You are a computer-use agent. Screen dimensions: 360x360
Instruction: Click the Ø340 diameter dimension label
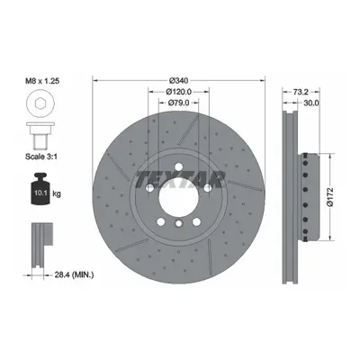coord(178,80)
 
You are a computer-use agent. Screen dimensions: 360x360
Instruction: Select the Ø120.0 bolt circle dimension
coord(178,92)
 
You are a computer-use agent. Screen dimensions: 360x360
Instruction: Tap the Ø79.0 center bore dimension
coord(178,103)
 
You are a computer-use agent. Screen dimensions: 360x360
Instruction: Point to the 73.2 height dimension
coord(301,92)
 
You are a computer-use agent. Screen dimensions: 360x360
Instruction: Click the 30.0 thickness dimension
coord(310,103)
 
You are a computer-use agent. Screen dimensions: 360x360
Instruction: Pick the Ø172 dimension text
coord(330,197)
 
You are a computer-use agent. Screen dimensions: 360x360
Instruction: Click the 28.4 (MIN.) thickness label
coord(74,274)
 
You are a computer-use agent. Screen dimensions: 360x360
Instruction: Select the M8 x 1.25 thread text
coord(41,81)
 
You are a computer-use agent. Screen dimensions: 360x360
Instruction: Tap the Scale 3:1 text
coord(41,156)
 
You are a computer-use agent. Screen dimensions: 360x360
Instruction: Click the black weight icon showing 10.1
coord(40,189)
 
